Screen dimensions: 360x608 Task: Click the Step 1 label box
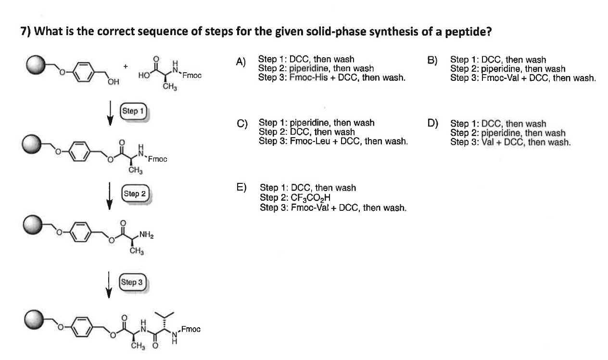(x=133, y=111)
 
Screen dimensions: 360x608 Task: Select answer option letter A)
(x=241, y=61)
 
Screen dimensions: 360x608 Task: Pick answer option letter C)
(x=242, y=124)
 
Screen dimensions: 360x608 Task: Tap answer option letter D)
(x=432, y=124)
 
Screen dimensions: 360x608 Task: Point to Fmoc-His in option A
(x=306, y=77)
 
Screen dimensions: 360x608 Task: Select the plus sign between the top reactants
(x=125, y=66)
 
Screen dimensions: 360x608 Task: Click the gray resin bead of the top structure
(x=35, y=66)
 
